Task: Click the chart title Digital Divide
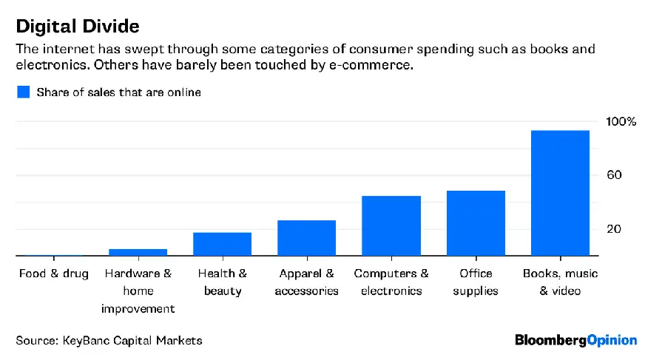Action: pyautogui.click(x=78, y=26)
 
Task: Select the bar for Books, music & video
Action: pyautogui.click(x=560, y=193)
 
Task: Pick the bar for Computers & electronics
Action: pyautogui.click(x=391, y=225)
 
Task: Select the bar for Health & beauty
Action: pyautogui.click(x=222, y=244)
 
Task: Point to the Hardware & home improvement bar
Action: pyautogui.click(x=138, y=252)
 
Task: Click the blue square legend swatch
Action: pyautogui.click(x=24, y=92)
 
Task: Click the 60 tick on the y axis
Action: pyautogui.click(x=613, y=175)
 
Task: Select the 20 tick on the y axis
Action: pyautogui.click(x=613, y=229)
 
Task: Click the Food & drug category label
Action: pyautogui.click(x=53, y=274)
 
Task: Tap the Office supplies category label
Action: pyautogui.click(x=476, y=282)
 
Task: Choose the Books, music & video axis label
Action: pyautogui.click(x=560, y=282)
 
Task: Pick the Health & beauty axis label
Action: pyautogui.click(x=222, y=282)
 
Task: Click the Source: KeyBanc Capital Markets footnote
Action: pyautogui.click(x=109, y=340)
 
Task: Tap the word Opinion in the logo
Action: pyautogui.click(x=612, y=340)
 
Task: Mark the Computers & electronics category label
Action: pyautogui.click(x=391, y=282)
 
